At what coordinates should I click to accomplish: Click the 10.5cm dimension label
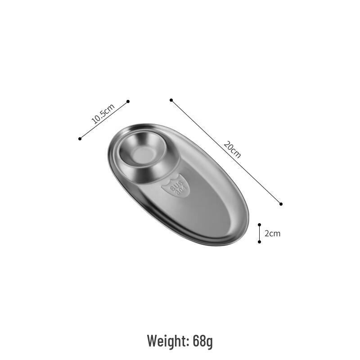(103, 114)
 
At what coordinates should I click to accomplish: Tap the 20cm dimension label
(232, 150)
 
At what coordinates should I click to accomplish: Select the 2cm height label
(273, 234)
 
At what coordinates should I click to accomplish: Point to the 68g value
(203, 342)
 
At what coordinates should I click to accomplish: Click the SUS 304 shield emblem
(176, 185)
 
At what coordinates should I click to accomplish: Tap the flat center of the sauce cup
(144, 155)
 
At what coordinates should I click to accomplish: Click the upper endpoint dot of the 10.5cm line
(128, 102)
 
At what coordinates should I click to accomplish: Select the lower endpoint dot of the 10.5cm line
(80, 139)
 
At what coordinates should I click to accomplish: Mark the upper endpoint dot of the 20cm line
(171, 100)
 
